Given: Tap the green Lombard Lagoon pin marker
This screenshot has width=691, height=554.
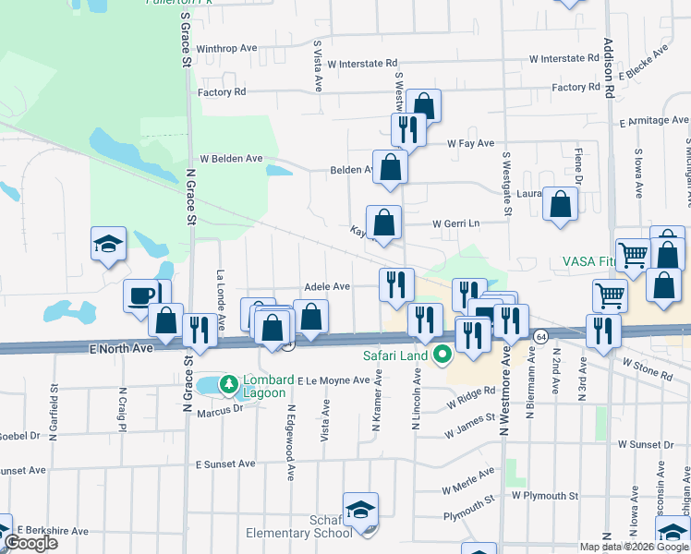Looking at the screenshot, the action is [226, 382].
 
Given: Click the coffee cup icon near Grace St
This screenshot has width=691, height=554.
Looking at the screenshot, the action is [141, 295].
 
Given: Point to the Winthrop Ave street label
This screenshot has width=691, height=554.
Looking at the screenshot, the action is [226, 48].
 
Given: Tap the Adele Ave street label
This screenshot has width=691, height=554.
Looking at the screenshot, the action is [327, 287].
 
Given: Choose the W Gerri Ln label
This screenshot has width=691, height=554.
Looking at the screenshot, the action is [457, 224].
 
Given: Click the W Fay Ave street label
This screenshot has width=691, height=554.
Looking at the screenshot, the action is [471, 144].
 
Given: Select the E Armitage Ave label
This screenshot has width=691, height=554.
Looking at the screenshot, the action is [654, 121].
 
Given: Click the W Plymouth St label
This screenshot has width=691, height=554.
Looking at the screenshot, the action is [546, 496].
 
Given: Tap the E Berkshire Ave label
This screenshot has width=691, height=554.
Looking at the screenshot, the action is [51, 531].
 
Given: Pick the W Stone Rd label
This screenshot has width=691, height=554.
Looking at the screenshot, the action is [647, 369].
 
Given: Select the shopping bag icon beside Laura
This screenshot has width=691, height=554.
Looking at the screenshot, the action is [561, 205].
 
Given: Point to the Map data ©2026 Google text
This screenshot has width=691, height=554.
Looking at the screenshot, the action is [634, 547].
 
